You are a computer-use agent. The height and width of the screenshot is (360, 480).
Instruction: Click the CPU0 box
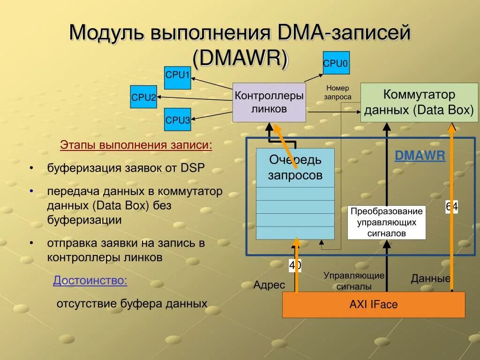pos(336,63)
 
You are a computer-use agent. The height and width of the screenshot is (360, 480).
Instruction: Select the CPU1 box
pos(177,78)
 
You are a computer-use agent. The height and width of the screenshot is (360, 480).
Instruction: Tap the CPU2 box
pos(143,97)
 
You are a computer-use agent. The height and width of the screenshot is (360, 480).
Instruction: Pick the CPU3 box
pos(177,120)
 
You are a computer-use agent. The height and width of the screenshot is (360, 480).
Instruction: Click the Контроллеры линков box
pos(269,103)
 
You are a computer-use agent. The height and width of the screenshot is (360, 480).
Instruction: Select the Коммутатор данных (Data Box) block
pos(419,103)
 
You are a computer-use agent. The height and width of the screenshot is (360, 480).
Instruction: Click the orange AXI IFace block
pos(374,305)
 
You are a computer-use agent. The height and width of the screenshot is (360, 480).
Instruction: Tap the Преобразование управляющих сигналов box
pos(387,222)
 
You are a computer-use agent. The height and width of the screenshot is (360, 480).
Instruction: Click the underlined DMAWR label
pos(420,156)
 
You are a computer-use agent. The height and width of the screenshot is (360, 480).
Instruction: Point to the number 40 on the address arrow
pos(295,266)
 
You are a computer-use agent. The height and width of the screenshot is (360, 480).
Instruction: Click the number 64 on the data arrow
pos(451,207)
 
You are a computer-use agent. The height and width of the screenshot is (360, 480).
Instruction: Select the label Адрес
pos(269,285)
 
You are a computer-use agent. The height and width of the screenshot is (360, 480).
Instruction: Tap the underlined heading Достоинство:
pos(90,281)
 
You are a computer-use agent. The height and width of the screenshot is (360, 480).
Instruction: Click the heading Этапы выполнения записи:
pos(136,145)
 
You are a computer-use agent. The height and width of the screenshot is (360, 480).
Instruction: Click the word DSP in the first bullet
pos(193,168)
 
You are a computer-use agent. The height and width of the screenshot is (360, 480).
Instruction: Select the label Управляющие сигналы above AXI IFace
pos(354,281)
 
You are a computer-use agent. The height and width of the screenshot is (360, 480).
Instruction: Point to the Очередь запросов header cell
pos(295,168)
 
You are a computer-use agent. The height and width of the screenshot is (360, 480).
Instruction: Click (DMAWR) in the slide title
pos(240,58)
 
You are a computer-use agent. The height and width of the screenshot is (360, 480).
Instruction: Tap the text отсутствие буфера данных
pos(132,304)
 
